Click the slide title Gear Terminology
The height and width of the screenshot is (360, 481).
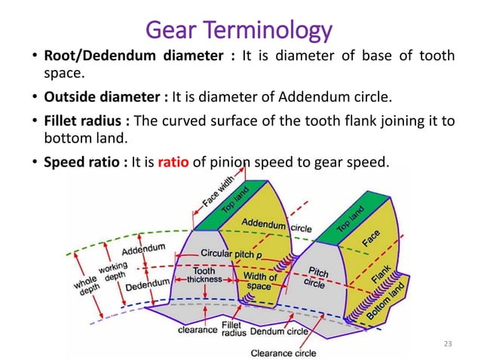[x=240, y=31]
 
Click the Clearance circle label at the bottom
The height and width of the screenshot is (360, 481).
[x=283, y=352]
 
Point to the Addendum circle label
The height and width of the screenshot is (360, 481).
[x=268, y=225]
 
